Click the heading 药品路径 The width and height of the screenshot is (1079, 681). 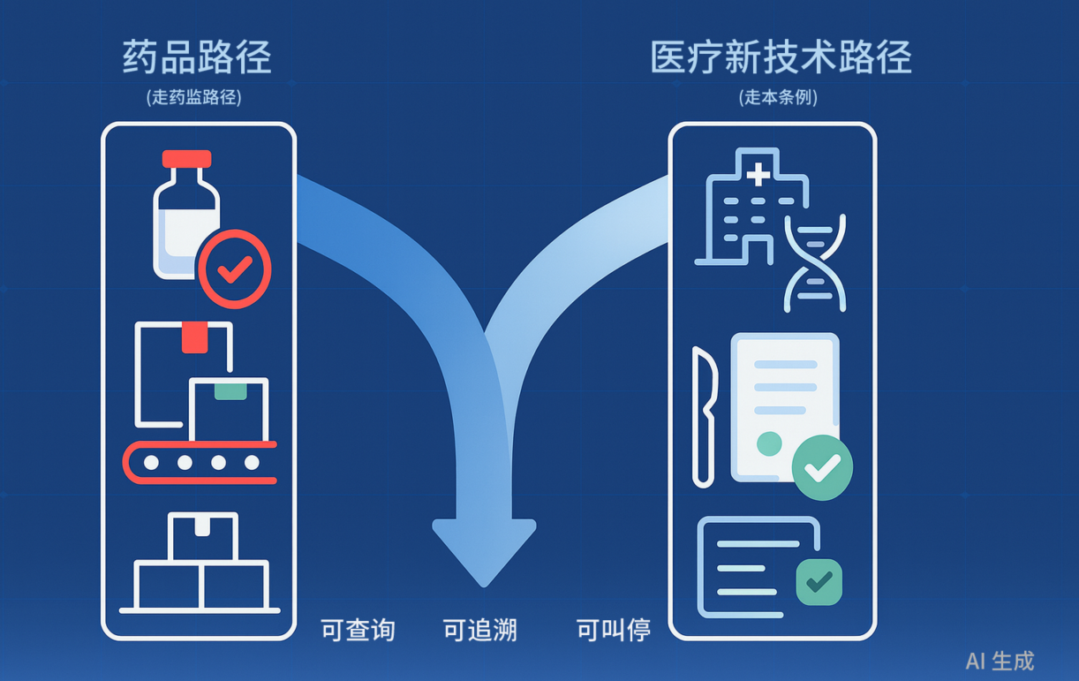(197, 57)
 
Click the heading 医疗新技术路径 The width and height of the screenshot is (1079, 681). (781, 57)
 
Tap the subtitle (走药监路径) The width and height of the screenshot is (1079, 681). (193, 97)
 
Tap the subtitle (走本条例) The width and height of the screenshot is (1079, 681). (778, 97)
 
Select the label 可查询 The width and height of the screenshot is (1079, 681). (358, 630)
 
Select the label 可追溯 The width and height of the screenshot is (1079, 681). (479, 630)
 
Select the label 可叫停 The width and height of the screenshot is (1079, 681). (614, 630)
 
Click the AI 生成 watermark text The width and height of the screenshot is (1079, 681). (1000, 661)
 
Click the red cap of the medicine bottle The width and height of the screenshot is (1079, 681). (186, 159)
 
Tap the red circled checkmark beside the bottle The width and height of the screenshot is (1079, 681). (234, 269)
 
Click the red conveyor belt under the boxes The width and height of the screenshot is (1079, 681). (200, 462)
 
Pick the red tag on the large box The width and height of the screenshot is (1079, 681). (194, 337)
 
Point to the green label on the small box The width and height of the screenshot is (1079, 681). (230, 390)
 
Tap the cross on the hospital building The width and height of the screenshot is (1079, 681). (758, 174)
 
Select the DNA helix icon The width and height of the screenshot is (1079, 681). (815, 261)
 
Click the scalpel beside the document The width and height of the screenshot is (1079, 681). (705, 415)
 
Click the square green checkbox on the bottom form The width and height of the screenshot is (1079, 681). (819, 581)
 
